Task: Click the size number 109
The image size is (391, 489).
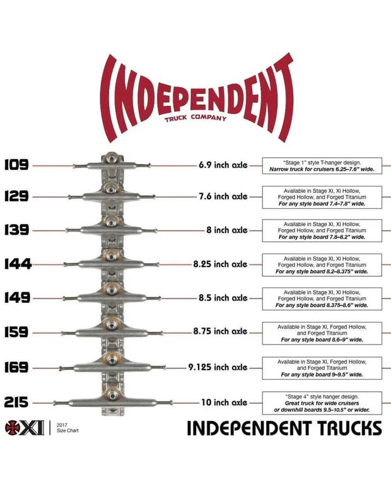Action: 16,165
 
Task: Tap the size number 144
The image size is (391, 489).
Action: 18,264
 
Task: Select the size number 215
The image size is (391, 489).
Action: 16,403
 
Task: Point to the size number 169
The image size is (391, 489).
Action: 16,367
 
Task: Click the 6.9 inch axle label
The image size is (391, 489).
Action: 223,165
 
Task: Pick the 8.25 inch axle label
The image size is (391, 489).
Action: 221,264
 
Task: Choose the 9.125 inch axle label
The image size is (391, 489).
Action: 218,367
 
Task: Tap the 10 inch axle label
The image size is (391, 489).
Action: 225,403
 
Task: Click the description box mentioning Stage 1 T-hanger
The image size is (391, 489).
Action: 322,166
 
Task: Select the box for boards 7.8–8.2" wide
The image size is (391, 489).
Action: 322,231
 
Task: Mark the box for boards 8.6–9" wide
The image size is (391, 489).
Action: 322,333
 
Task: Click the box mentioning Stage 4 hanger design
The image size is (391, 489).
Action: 322,403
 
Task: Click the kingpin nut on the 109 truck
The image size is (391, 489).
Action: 112,158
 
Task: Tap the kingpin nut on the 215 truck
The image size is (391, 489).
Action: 112,395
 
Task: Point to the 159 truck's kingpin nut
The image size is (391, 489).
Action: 112,324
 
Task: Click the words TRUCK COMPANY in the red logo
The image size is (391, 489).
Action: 195,118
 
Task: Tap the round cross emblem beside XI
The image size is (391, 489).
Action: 13,428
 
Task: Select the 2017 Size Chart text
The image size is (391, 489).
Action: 67,428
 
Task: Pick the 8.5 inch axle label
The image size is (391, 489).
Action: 223,298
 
